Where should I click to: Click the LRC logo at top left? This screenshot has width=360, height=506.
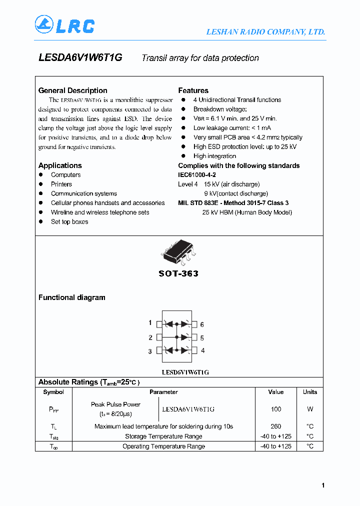tap(64, 25)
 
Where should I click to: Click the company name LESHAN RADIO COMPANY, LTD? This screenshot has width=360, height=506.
tap(265, 32)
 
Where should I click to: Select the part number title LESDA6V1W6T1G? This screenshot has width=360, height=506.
tap(80, 58)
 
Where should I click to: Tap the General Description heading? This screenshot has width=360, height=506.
tap(73, 90)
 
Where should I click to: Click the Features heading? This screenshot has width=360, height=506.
tap(193, 90)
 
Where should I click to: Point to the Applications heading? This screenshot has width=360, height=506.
tap(60, 165)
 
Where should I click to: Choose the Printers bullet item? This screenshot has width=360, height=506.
tap(61, 184)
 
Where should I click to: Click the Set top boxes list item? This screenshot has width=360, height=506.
tap(69, 221)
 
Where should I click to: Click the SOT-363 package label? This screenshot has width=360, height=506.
tap(178, 273)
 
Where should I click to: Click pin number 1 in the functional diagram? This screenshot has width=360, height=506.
tap(150, 323)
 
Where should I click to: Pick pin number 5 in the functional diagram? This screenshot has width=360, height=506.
tap(202, 338)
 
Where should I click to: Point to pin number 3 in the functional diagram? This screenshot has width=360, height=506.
tap(150, 351)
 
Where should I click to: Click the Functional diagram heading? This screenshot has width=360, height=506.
tap(72, 297)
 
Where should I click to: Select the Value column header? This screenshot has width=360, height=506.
tap(275, 392)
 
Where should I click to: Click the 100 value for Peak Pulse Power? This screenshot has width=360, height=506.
tap(275, 409)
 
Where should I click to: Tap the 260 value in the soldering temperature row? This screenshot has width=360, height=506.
tap(275, 426)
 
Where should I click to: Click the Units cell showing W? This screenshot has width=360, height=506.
tap(310, 409)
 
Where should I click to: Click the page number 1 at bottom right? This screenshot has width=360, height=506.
tap(323, 485)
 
